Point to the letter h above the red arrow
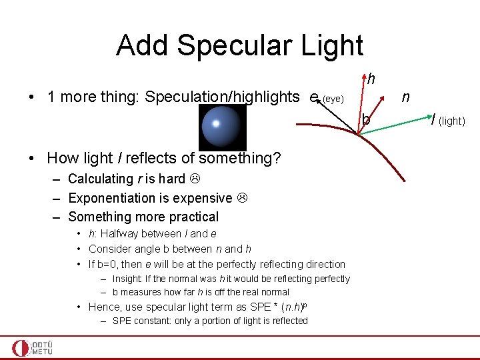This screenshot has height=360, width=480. (370, 79)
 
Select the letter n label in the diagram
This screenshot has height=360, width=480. (404, 97)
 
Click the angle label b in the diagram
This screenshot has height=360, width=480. (366, 120)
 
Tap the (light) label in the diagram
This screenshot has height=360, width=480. (451, 121)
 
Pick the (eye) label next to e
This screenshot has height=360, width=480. (333, 99)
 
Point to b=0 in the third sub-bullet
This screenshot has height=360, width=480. (109, 264)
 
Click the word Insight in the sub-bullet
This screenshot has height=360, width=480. (127, 279)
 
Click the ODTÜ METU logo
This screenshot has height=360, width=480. (33, 348)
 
